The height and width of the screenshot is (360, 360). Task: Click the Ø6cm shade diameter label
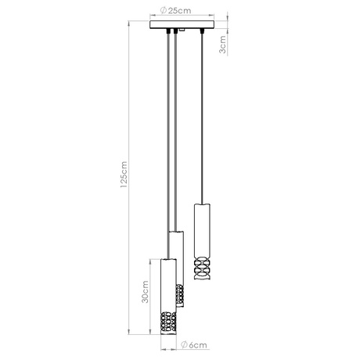[x=193, y=343]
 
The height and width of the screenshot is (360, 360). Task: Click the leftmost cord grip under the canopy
[x=167, y=33]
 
